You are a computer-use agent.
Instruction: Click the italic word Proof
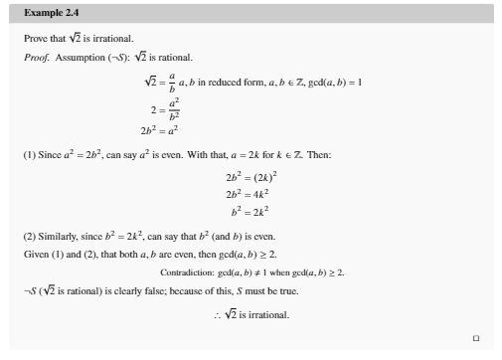pos(37,57)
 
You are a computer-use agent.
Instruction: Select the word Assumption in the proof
pos(78,57)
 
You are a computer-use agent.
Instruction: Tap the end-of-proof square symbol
pos(476,337)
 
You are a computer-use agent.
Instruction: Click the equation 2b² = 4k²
pos(247,194)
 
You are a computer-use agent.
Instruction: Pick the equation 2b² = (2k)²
pos(249,176)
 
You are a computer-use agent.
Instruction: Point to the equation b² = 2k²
pos(250,211)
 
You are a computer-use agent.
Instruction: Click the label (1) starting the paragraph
pos(29,156)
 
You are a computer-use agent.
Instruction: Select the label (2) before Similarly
pos(29,237)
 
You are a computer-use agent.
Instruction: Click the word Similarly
pos(57,237)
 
